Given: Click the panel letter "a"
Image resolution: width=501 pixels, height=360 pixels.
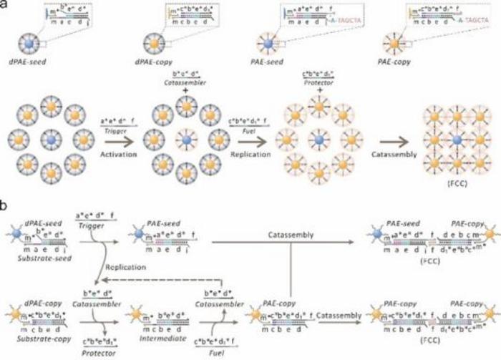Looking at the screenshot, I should coord(6,6).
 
